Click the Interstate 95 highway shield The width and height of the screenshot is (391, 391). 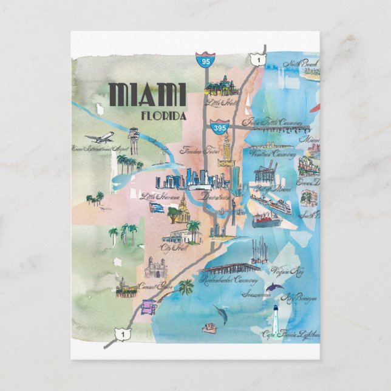(202, 60)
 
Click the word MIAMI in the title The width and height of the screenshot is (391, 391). (146, 95)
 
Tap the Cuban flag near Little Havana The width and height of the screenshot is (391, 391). (157, 208)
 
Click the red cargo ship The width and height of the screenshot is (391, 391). (267, 217)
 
